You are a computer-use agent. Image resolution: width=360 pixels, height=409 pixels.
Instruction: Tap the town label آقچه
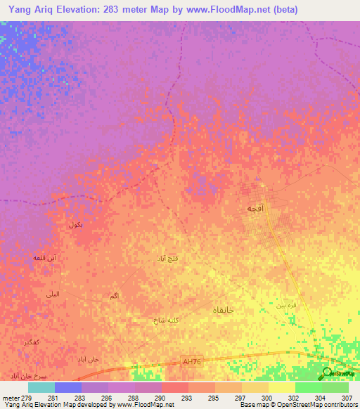coord(254,209)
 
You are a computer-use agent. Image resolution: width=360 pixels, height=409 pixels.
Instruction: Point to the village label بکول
coord(76,225)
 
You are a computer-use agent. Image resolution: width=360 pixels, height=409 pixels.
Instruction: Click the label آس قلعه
coord(45,258)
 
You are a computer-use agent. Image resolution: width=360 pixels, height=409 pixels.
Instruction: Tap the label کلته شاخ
coord(167,320)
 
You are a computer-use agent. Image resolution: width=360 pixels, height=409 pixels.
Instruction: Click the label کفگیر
coord(31,342)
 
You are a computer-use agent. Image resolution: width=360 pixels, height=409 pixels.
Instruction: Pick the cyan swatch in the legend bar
coord(41,387)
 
